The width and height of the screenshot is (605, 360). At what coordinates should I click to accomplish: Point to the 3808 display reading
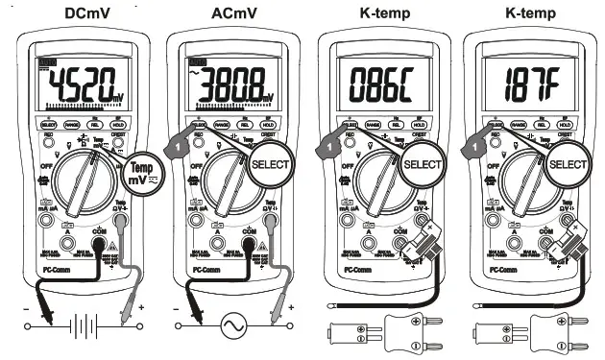(x=232, y=85)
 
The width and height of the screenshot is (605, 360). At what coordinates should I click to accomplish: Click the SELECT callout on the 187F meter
(x=569, y=164)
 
